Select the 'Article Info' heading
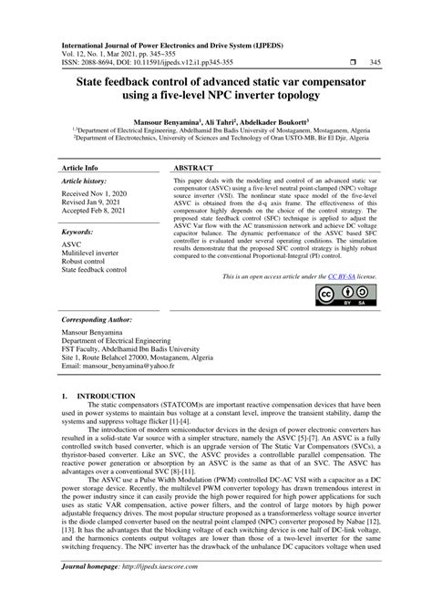click(x=79, y=170)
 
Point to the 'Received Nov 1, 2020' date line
click(x=93, y=194)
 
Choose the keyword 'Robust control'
click(x=85, y=262)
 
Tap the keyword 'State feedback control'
click(x=94, y=271)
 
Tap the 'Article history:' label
click(x=85, y=182)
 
